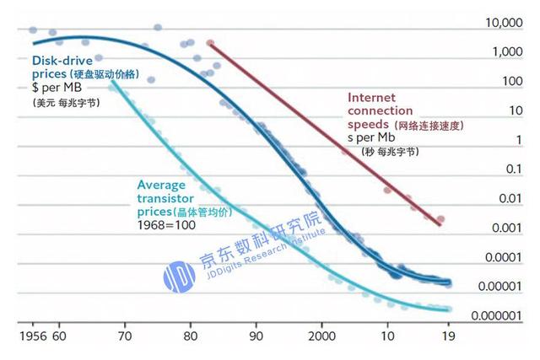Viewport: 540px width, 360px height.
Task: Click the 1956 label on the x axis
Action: point(31,336)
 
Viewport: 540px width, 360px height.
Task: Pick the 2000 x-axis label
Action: point(321,336)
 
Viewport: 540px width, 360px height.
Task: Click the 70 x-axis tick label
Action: point(125,336)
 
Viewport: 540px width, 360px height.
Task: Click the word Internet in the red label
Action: point(372,98)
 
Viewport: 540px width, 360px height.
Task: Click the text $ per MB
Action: point(57,88)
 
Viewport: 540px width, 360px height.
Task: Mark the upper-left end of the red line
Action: point(209,43)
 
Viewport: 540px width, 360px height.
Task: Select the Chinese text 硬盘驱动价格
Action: point(121,75)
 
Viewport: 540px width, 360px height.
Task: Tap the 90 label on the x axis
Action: point(256,336)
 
